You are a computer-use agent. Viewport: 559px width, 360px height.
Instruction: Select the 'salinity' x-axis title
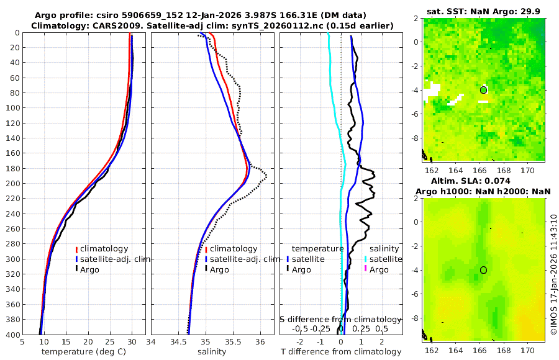[x=212, y=352]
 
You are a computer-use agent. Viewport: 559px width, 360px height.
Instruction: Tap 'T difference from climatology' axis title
[x=341, y=352]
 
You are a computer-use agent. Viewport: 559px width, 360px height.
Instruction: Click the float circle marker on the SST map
[x=483, y=90]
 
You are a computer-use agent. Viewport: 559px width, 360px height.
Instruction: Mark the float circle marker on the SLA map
[x=483, y=270]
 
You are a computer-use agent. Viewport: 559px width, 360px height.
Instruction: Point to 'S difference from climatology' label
[x=340, y=319]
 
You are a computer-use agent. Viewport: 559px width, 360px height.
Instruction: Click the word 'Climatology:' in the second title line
[x=57, y=25]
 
